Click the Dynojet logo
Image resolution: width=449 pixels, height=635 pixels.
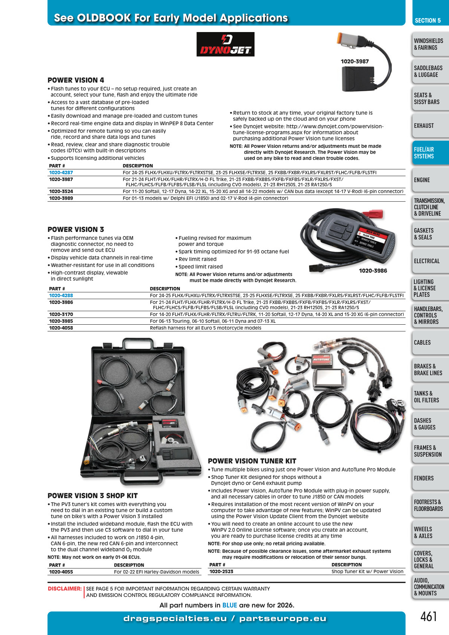tap(225, 44)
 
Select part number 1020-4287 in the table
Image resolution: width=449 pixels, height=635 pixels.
tap(61, 173)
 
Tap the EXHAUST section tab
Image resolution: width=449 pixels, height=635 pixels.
tap(430, 126)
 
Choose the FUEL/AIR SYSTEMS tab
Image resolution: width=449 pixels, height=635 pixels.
tap(430, 152)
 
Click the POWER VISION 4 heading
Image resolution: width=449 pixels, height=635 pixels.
tap(76, 80)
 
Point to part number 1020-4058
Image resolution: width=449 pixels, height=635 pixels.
tap(61, 328)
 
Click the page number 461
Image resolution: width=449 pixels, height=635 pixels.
tap(428, 616)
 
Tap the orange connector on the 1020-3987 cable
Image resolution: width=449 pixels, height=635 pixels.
tap(344, 38)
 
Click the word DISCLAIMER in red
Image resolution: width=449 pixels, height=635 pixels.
tap(64, 589)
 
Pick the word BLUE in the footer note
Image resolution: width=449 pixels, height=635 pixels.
tap(230, 605)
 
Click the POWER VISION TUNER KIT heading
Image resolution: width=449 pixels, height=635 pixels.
tap(252, 461)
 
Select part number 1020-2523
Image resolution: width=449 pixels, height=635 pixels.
tap(221, 572)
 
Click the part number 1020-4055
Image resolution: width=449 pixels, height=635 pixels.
tap(61, 572)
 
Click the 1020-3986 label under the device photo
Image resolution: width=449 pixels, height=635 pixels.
tap(373, 271)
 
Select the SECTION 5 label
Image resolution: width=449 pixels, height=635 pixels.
tap(428, 20)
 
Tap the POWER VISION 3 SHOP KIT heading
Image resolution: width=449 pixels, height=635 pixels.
tap(93, 495)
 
